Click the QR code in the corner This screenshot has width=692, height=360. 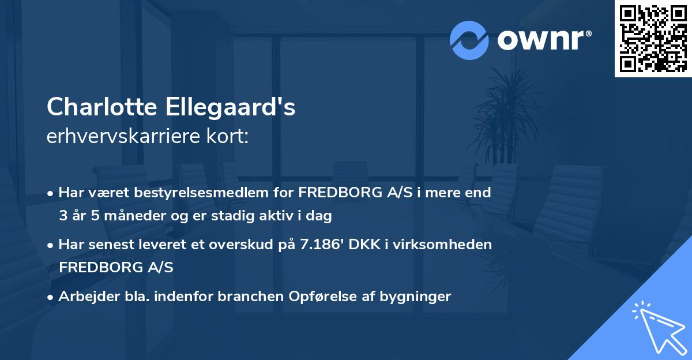click(x=653, y=38)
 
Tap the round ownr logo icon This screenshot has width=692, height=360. click(x=469, y=40)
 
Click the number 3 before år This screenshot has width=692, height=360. click(x=63, y=216)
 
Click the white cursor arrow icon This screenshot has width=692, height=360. click(x=657, y=326)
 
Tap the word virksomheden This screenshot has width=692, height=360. click(x=449, y=245)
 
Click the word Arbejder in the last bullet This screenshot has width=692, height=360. click(x=84, y=297)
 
